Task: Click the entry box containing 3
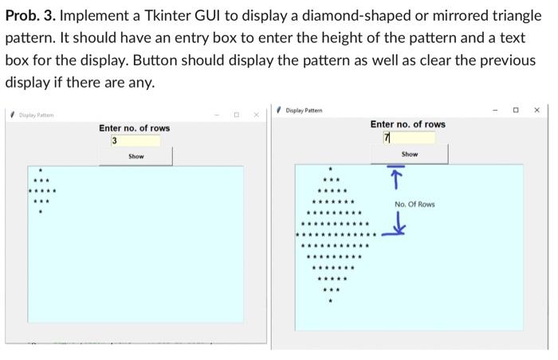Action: [x=136, y=141]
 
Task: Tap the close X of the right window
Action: [x=536, y=110]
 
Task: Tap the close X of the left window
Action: [x=256, y=115]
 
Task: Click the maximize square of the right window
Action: [x=516, y=110]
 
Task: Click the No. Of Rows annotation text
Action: [x=415, y=205]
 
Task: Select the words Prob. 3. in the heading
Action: [x=35, y=16]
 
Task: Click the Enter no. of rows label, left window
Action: [x=134, y=128]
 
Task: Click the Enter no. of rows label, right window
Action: [x=407, y=124]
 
